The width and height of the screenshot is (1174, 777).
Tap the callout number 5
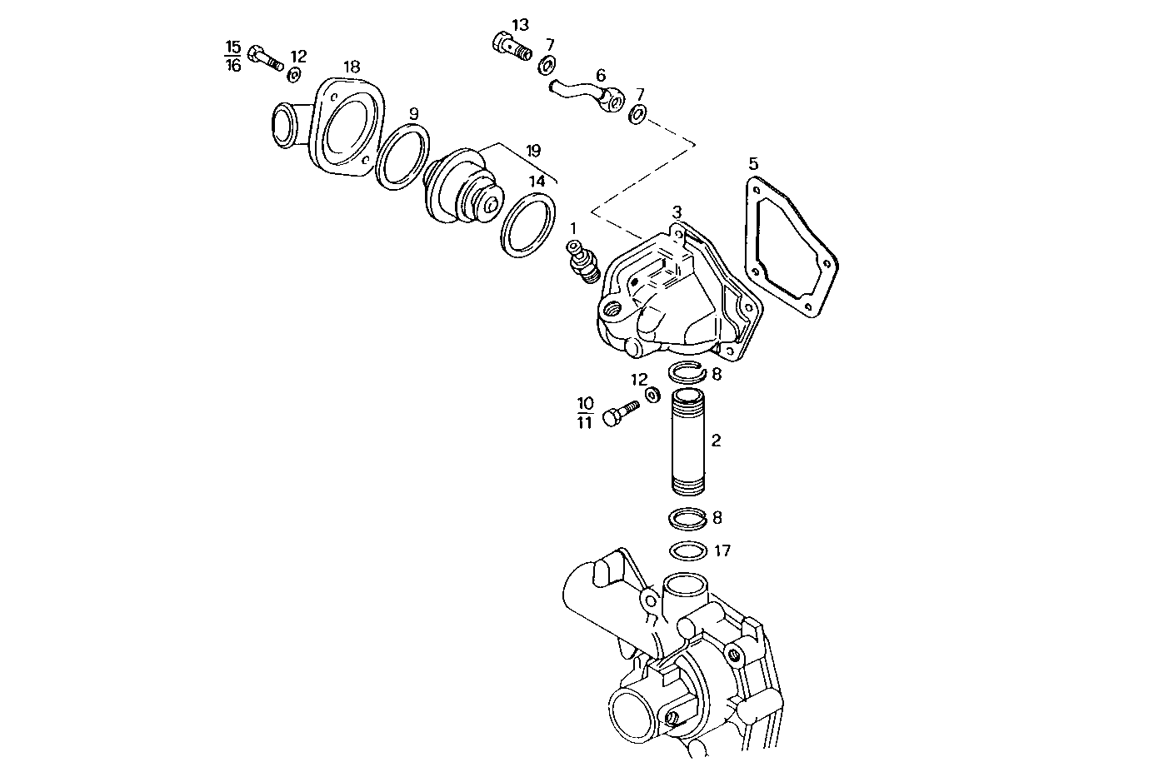[753, 162]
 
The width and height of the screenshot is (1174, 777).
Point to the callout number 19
[533, 151]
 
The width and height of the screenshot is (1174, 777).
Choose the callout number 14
[537, 180]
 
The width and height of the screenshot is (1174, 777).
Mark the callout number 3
[677, 212]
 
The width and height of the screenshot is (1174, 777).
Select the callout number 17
[722, 550]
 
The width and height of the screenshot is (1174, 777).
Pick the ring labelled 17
[688, 552]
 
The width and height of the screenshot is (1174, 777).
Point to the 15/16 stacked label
[232, 56]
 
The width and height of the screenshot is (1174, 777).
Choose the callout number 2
[716, 440]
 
